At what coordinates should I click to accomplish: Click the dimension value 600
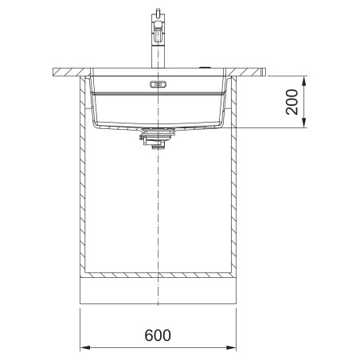coord(158,335)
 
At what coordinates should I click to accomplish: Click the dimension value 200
coord(292,102)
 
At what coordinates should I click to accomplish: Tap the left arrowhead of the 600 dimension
coord(85,347)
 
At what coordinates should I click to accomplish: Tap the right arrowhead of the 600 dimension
coord(231,347)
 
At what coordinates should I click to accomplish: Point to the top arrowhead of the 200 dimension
coord(304,81)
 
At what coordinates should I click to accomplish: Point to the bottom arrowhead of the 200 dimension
coord(304,123)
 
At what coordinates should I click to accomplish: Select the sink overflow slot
coord(158,84)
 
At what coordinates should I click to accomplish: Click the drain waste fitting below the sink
coord(158,138)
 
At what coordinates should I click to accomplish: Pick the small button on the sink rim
coord(205,68)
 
